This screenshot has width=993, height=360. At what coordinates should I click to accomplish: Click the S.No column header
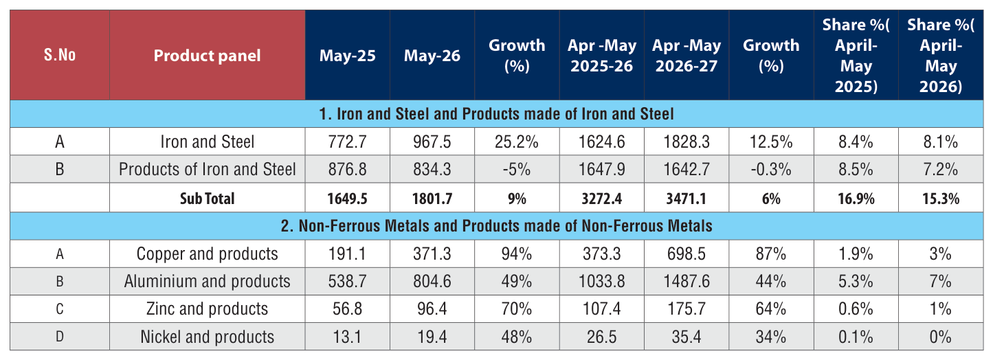tap(60, 55)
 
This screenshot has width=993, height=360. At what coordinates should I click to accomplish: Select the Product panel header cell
tap(207, 56)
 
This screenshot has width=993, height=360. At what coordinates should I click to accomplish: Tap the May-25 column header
tap(348, 56)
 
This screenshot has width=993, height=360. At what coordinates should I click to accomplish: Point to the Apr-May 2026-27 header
tap(687, 56)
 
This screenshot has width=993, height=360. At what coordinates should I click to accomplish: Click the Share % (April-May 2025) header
tap(856, 55)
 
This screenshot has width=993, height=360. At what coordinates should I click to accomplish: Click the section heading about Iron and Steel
tap(496, 114)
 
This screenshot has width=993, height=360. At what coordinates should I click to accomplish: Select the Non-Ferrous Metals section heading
tap(496, 226)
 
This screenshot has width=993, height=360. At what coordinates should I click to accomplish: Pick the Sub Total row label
tap(207, 198)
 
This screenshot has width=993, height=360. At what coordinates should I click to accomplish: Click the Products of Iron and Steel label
tap(207, 169)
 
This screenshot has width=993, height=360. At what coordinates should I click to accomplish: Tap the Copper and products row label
tap(207, 254)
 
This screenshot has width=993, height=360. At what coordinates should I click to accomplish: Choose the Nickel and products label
tap(207, 337)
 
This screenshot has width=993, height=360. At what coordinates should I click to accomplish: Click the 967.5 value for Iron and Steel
tap(432, 142)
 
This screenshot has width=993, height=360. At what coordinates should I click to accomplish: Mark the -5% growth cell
tap(517, 170)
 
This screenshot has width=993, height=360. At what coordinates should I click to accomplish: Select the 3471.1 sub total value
tap(687, 198)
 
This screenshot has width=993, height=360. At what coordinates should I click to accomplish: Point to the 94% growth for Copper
tap(517, 254)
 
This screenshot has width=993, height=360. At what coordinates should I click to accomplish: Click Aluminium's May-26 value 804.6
tap(432, 281)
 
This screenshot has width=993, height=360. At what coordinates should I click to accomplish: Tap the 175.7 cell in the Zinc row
tap(687, 308)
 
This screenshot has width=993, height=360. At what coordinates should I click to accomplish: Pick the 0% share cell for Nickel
tap(941, 337)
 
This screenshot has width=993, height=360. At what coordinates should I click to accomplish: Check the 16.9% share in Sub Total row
tap(856, 198)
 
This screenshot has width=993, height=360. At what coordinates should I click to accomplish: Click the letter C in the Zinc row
tap(60, 308)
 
